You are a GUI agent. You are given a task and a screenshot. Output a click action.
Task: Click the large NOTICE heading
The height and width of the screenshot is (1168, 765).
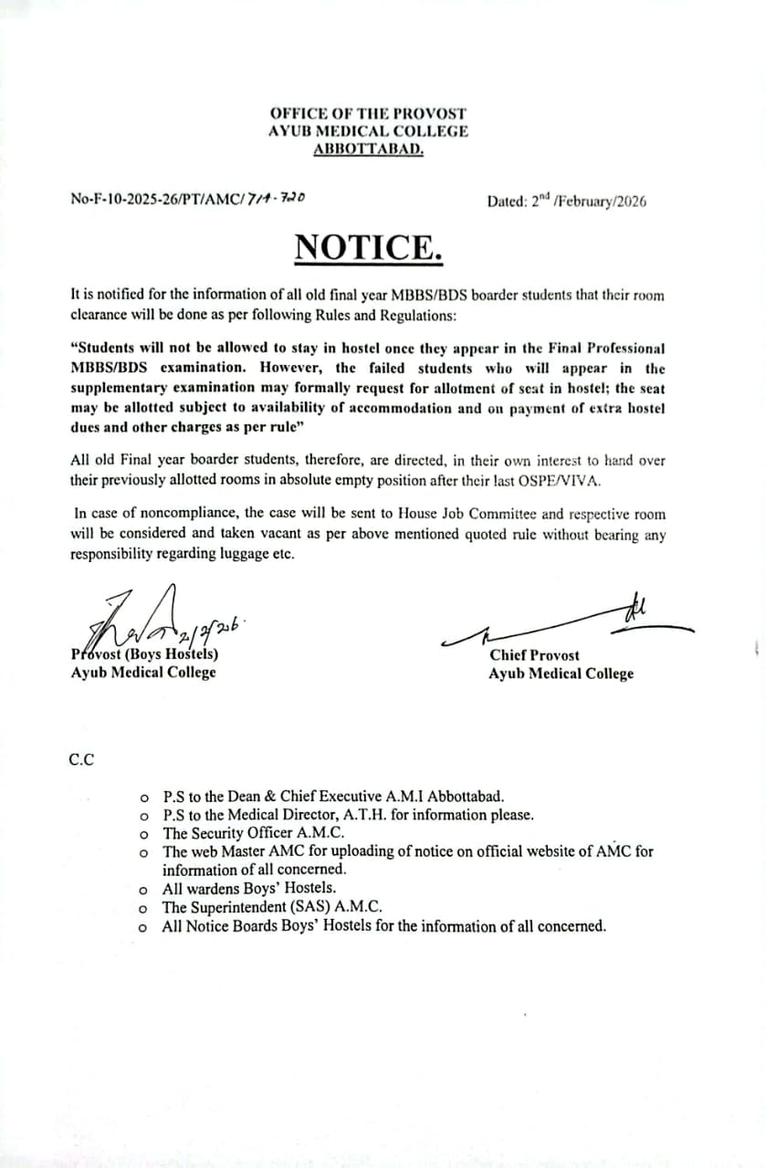pos(369,247)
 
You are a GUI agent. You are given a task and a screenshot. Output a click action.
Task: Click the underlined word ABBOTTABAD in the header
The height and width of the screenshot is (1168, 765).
pos(368,149)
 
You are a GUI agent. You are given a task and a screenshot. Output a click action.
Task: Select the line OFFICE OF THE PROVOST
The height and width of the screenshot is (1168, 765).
pos(368,113)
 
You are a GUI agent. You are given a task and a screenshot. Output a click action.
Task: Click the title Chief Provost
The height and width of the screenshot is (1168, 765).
pos(534,655)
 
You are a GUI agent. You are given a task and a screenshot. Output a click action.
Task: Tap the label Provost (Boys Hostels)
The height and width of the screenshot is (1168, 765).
pos(144,654)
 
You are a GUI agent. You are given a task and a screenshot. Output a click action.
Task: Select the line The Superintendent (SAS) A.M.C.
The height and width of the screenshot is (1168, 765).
pos(272,907)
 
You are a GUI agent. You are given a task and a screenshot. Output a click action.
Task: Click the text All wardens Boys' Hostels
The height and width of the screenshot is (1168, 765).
pos(249,888)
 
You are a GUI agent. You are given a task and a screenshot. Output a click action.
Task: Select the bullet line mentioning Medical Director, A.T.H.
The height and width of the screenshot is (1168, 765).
pos(348,815)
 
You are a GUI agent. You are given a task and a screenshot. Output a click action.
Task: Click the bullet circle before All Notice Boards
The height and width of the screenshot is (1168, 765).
pos(143,927)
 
